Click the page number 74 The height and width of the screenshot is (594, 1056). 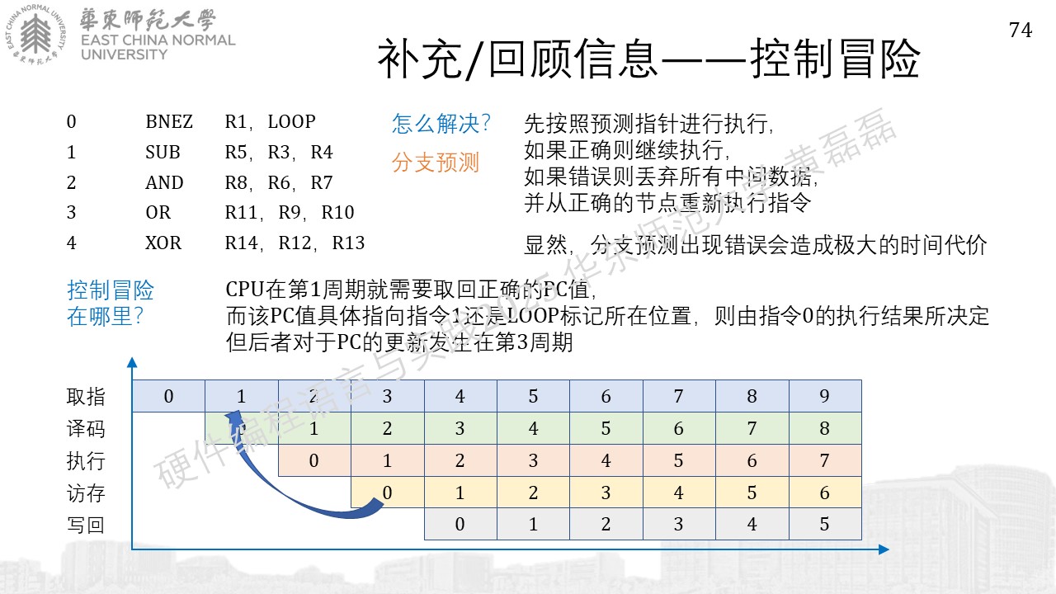pos(1021,31)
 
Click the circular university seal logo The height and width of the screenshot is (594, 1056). pos(35,35)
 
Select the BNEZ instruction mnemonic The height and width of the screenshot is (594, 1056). pos(169,121)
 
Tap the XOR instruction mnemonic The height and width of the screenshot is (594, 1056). pos(163,243)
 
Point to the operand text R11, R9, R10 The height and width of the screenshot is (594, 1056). pos(290,213)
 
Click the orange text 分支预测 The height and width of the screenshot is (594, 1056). pos(435,163)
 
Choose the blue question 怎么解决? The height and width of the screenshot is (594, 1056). pos(441,124)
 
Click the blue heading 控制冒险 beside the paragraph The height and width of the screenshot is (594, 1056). pos(111,290)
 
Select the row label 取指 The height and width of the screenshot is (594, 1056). pos(85,397)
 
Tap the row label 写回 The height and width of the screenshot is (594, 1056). pos(85,525)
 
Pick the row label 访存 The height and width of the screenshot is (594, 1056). pos(85,493)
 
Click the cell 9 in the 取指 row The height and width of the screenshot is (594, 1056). pos(825,396)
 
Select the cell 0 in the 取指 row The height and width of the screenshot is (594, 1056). pos(168,396)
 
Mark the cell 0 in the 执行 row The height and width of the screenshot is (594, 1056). pos(314,460)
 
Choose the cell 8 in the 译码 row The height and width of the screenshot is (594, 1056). pos(825,428)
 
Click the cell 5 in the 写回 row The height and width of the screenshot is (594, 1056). pos(825,524)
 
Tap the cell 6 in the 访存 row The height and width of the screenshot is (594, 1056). pos(825,493)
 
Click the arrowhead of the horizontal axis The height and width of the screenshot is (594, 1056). pos(884,549)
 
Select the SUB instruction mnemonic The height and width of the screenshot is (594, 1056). pos(163,153)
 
